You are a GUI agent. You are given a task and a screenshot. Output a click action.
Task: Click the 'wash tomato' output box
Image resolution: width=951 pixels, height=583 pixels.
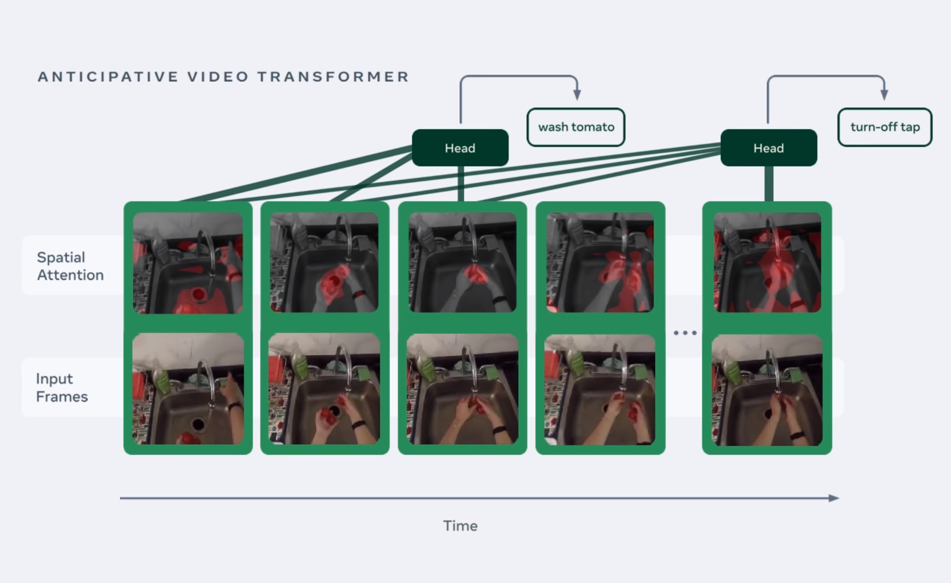pos(576,127)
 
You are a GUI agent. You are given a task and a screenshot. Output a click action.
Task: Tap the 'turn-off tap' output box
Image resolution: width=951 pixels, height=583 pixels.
pos(885,127)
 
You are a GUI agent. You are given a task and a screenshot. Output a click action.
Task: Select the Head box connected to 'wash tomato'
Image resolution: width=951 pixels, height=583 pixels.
pos(460,148)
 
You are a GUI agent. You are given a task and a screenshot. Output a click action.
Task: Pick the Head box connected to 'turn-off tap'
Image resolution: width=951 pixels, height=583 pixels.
pos(769,148)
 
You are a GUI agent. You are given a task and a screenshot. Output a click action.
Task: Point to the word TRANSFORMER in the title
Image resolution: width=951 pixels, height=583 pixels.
pos(333,77)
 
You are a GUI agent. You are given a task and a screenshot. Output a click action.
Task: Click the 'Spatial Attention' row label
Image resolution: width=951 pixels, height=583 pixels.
pos(70,266)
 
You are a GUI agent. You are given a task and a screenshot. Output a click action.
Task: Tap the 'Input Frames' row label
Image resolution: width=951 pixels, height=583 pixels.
pos(61,388)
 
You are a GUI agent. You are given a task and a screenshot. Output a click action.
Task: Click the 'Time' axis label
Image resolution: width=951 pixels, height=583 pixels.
pos(460,525)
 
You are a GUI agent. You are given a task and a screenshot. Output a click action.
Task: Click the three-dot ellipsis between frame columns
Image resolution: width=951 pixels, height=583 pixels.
pos(685,333)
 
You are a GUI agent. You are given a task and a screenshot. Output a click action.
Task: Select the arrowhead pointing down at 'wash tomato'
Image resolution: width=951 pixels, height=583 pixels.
pos(577,95)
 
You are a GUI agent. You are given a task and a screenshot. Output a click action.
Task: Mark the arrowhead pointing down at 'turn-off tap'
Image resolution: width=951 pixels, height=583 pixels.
pos(884,95)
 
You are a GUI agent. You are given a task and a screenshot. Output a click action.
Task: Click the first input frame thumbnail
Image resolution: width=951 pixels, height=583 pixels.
pos(188,389)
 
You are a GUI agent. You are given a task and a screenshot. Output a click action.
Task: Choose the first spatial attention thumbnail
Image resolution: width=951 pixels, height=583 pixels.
pos(188,263)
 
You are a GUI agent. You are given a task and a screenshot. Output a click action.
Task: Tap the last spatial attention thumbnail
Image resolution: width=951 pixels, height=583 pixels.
pos(767,263)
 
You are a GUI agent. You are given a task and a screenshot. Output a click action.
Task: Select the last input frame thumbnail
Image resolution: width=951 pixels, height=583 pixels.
pos(767,390)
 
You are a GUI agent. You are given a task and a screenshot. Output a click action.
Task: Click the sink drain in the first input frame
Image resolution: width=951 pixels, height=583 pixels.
pos(198,424)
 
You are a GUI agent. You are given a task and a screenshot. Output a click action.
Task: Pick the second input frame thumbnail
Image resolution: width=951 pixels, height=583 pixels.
pos(324,389)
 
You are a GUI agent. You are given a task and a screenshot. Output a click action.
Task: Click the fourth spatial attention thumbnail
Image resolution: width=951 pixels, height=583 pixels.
pos(600,263)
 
